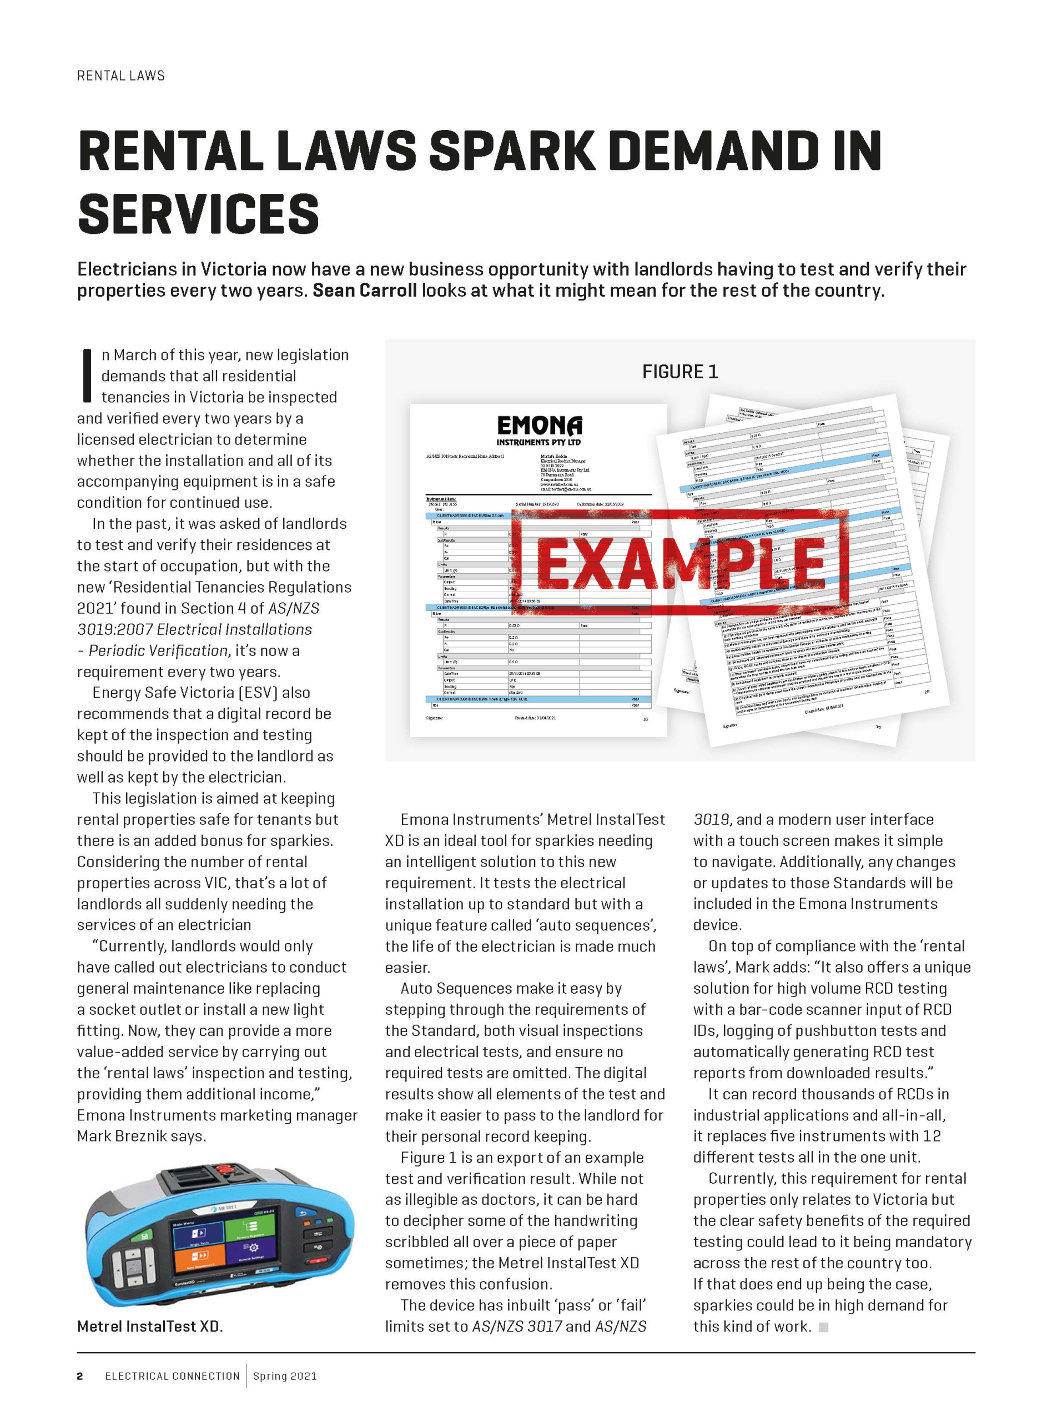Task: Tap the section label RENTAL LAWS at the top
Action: pos(121,76)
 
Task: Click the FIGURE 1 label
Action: pos(679,372)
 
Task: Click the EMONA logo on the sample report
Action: pos(538,430)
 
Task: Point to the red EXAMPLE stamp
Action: pos(681,561)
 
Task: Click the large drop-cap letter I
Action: pos(87,376)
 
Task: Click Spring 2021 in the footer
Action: pos(285,1375)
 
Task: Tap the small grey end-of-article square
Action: pos(823,1326)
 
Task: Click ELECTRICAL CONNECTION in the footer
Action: pos(172,1375)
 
